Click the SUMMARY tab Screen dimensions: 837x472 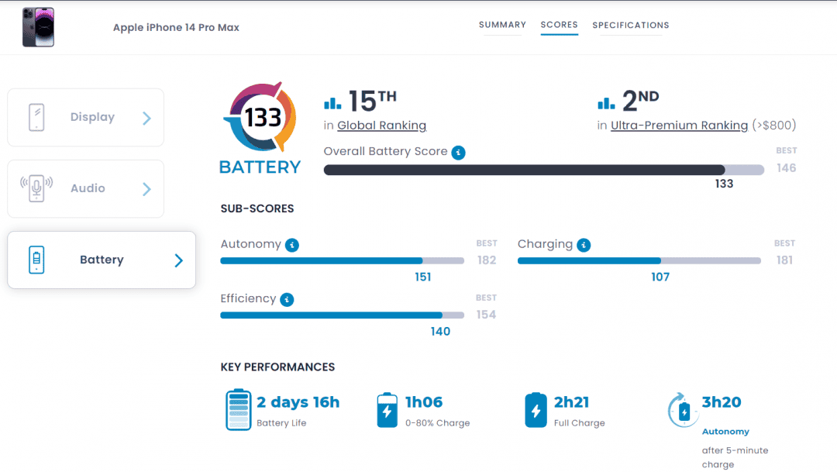[x=502, y=25]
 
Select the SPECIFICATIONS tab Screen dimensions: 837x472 [x=630, y=25]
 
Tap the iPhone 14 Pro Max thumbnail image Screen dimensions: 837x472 [x=38, y=27]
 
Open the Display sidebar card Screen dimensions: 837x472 [x=85, y=118]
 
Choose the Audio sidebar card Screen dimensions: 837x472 [x=85, y=188]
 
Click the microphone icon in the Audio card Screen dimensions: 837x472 [x=36, y=188]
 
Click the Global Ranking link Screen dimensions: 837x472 [x=381, y=126]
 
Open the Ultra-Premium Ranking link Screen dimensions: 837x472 [x=679, y=126]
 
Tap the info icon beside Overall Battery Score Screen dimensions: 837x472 [x=458, y=153]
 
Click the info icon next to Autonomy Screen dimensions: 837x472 [x=292, y=245]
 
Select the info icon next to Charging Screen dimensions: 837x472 [x=584, y=245]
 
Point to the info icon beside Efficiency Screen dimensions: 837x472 [x=287, y=299]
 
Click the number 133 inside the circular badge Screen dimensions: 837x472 [x=263, y=118]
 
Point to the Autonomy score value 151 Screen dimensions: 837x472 [x=423, y=277]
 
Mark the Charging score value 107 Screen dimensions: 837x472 [x=660, y=277]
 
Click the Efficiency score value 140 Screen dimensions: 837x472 [x=440, y=332]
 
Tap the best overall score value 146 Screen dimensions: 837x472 [x=787, y=168]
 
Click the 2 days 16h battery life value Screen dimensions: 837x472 [x=298, y=402]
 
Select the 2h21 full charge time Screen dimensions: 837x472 [x=571, y=402]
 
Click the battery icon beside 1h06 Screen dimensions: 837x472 [x=387, y=410]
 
